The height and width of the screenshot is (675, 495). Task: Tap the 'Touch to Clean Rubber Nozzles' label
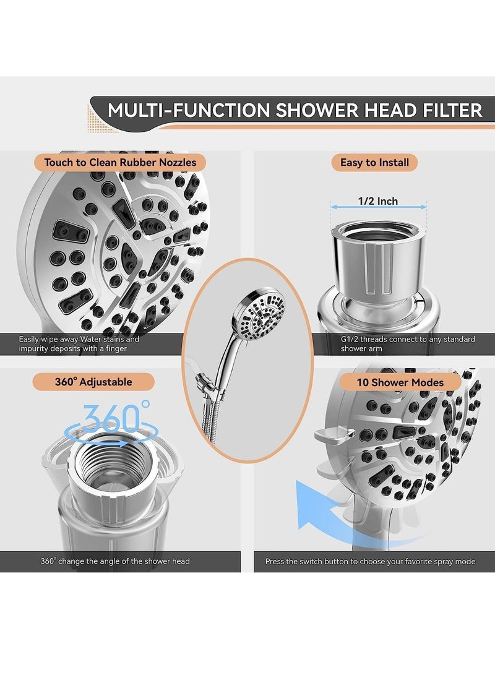tap(120, 163)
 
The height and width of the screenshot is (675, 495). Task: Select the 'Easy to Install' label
tap(374, 163)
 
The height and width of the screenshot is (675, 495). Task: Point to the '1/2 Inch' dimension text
tap(378, 201)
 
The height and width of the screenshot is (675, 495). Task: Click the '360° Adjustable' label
tap(93, 382)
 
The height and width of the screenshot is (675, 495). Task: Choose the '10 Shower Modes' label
tap(400, 382)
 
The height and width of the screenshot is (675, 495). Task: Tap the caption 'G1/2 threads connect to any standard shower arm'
tap(408, 344)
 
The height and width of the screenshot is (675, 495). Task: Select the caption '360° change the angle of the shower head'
tap(115, 561)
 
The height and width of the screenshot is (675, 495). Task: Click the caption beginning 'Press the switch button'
tap(370, 561)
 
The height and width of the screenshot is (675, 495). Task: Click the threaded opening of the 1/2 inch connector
tap(378, 232)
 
